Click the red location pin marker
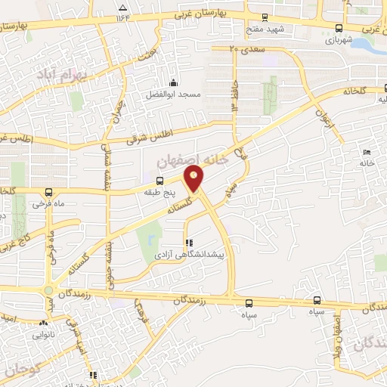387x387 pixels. [194, 179]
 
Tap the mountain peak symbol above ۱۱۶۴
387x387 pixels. [123, 7]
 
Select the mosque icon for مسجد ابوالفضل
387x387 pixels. [174, 83]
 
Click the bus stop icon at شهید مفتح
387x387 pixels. [264, 17]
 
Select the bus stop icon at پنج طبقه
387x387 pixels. [159, 180]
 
